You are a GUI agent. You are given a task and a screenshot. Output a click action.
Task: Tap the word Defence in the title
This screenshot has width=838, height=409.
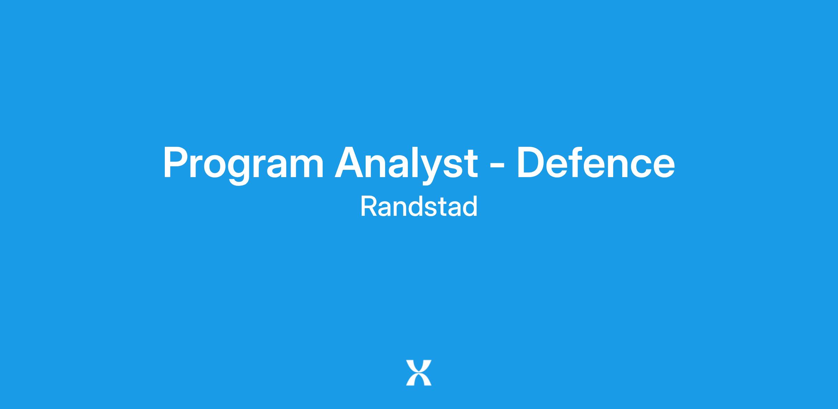596,162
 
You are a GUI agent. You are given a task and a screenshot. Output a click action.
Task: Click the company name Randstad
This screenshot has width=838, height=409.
419,206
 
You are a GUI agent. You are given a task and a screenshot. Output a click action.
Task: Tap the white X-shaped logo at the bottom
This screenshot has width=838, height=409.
419,373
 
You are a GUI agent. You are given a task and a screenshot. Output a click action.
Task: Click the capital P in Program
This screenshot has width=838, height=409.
176,162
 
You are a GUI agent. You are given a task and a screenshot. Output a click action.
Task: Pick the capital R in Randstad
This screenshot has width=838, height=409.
369,206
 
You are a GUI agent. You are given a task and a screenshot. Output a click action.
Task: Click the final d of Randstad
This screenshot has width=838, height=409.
470,206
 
